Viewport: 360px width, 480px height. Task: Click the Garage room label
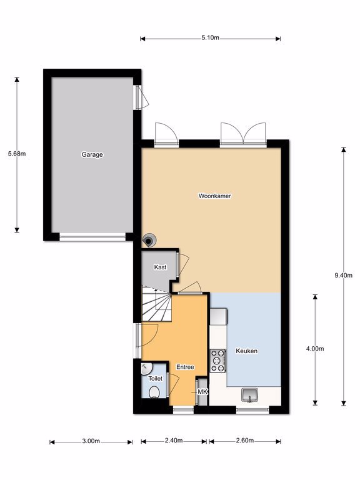[x=92, y=154]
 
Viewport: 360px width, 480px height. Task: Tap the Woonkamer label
[x=214, y=196]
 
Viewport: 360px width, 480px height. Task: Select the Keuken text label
[x=246, y=351]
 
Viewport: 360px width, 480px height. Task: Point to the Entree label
[x=185, y=367]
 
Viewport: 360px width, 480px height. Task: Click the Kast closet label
[x=160, y=267]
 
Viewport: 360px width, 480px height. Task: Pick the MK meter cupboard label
[x=202, y=392]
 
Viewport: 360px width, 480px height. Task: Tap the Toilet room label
[x=156, y=378]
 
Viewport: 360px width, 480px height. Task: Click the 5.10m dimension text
[x=210, y=38]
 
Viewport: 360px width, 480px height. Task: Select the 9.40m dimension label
[x=344, y=275]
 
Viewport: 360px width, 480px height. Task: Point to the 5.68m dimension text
[x=17, y=154]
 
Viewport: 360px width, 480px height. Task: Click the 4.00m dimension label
[x=315, y=349]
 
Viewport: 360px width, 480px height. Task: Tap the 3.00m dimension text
[x=91, y=441]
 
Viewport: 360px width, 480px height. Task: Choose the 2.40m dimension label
[x=174, y=441]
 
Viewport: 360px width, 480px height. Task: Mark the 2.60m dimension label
[x=245, y=441]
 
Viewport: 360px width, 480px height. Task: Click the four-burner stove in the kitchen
[x=218, y=361]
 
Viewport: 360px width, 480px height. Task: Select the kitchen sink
[x=249, y=395]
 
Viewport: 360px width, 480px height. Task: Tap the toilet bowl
[x=154, y=392]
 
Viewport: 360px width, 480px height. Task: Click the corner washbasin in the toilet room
[x=147, y=368]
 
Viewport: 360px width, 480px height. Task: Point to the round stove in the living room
[x=149, y=240]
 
